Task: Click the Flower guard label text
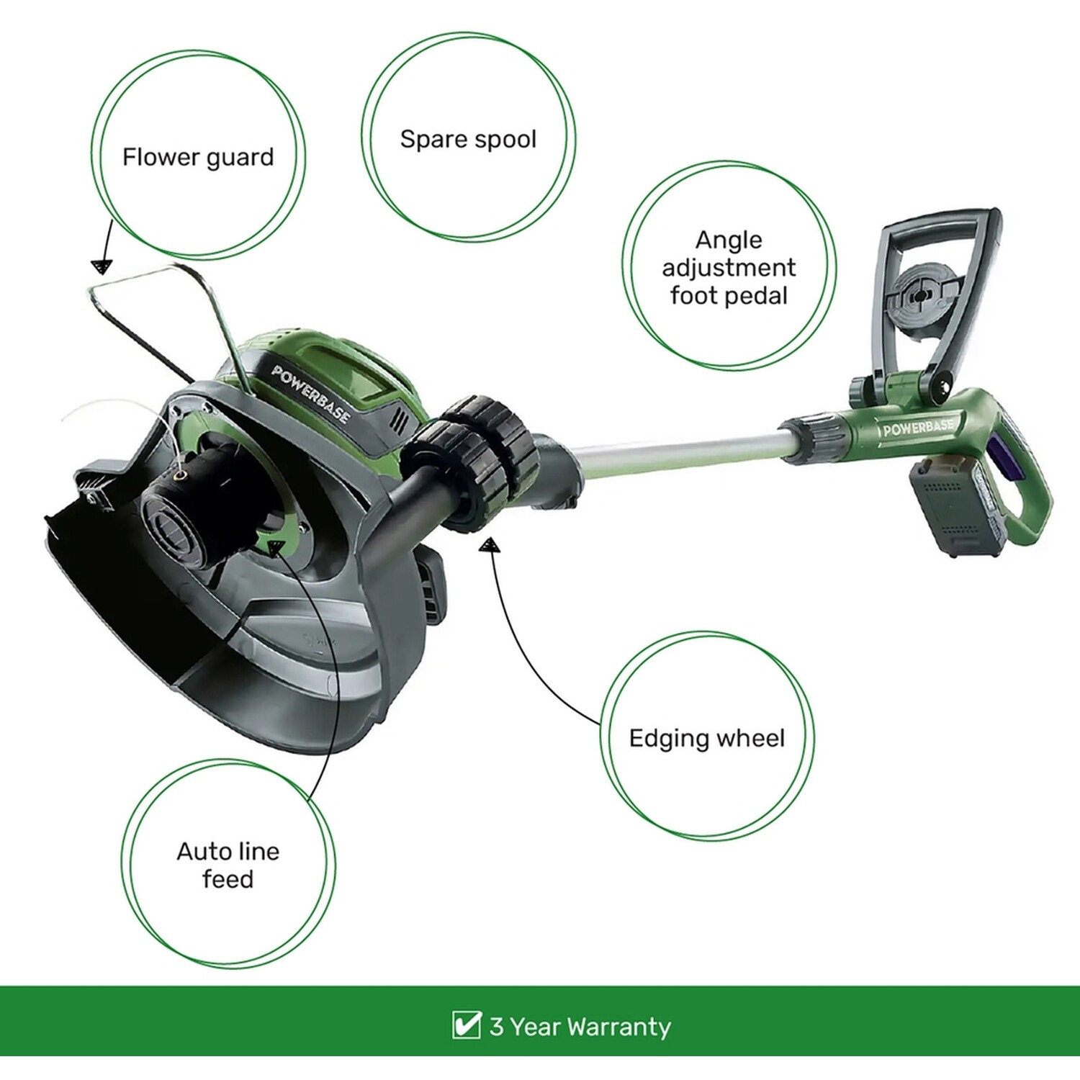[x=198, y=157]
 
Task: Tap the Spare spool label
[x=468, y=139]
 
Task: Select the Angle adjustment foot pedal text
[x=729, y=267]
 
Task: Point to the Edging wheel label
[x=706, y=738]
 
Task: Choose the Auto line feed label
[x=228, y=865]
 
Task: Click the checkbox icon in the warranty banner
[x=467, y=1025]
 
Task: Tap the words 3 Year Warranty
[x=580, y=1026]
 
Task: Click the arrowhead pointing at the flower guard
[x=102, y=267]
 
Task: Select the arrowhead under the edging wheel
[x=490, y=546]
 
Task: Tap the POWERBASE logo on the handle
[x=918, y=428]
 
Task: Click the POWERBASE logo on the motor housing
[x=311, y=395]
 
